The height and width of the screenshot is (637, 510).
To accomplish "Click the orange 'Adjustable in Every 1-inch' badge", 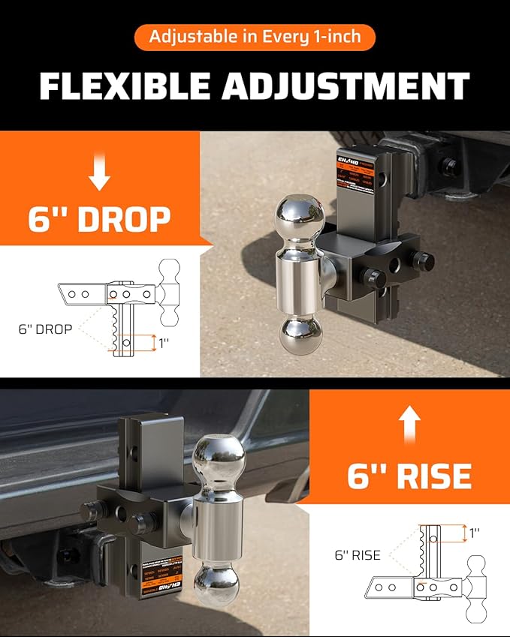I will point(255,36).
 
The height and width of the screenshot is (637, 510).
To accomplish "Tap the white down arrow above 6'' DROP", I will point(99,173).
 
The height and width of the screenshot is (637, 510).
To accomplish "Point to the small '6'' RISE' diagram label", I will point(358,555).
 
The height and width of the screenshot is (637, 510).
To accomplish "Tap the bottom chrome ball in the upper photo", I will point(300,335).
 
